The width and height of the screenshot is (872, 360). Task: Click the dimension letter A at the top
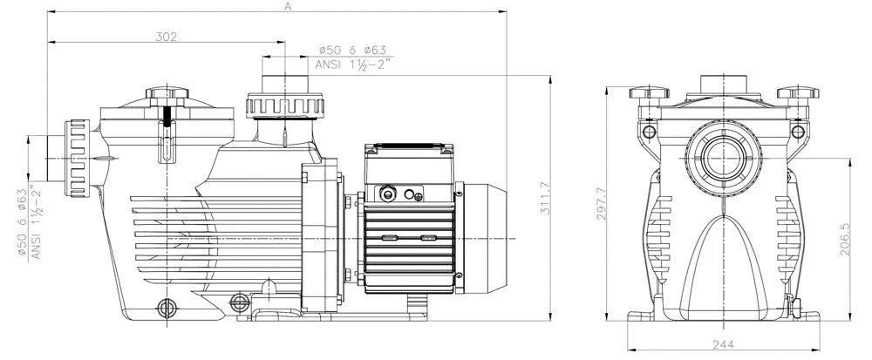[288, 6]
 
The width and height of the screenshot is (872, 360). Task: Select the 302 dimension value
[166, 37]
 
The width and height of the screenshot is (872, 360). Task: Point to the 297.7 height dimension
[601, 203]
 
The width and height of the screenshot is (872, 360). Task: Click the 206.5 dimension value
[845, 239]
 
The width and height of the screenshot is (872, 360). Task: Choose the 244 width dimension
[723, 344]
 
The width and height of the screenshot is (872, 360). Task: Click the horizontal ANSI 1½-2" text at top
[353, 65]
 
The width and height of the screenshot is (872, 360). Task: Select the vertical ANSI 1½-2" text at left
[37, 222]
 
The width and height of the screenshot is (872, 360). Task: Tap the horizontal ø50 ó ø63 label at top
[353, 50]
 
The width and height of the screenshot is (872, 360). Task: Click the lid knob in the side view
[167, 92]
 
